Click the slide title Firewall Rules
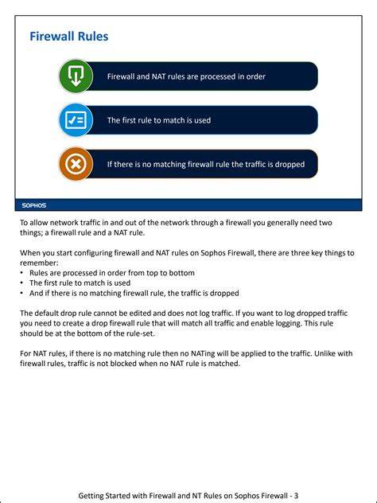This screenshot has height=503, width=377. (68, 37)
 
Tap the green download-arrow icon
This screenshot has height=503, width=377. (76, 76)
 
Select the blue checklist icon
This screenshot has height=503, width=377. (76, 120)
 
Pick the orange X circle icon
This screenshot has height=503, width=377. (76, 165)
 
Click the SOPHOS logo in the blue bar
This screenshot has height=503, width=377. (33, 205)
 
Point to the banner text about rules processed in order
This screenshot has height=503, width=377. (186, 76)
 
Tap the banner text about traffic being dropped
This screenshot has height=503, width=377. (205, 165)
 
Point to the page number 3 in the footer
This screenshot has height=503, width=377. (296, 495)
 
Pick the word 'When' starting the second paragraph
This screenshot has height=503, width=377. (31, 252)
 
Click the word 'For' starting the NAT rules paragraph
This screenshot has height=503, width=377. (26, 353)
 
